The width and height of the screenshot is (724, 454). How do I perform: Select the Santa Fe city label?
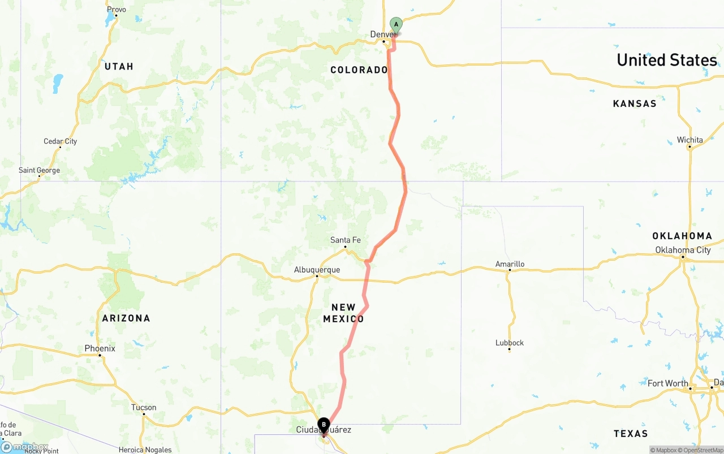pos(345,240)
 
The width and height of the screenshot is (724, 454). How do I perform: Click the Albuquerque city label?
pos(317,270)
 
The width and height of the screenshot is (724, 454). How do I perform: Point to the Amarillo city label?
pos(510,264)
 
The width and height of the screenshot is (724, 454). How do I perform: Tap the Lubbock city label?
pos(509,343)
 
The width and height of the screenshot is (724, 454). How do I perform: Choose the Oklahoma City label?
pos(683,250)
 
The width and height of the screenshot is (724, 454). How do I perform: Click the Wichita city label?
pos(689,140)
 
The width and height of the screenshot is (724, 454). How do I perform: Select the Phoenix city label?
pos(100,348)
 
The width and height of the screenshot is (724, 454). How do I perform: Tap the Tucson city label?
pos(144,407)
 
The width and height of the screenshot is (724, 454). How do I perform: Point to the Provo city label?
pos(117,10)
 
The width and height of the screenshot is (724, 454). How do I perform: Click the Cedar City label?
pos(60,141)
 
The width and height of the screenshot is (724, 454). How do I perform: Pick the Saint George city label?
pos(39,170)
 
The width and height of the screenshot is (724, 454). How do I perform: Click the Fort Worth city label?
pos(667,383)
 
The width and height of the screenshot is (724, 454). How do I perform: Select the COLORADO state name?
pos(359,70)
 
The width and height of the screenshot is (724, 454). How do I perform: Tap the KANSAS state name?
pos(635,103)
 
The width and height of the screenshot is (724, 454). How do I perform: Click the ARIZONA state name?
pos(126,318)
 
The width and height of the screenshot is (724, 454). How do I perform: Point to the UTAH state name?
pos(119,67)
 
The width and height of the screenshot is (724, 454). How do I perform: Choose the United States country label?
pos(666,60)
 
